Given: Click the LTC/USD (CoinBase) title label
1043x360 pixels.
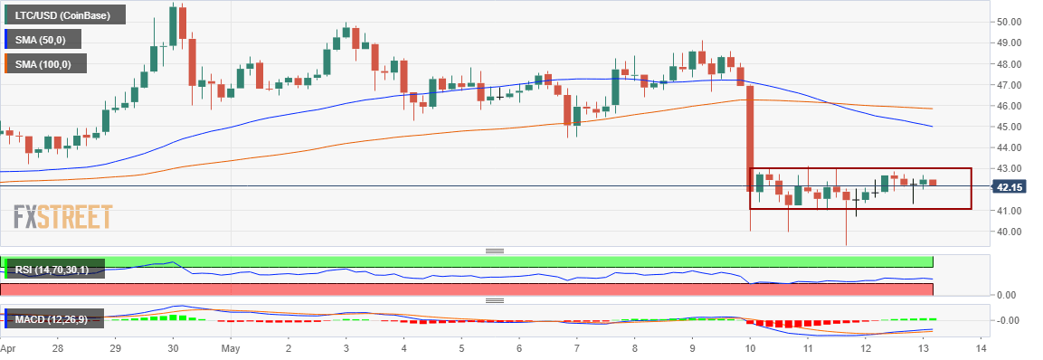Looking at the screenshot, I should tap(62, 15).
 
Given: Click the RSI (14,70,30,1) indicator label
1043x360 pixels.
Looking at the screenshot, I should tap(52, 270).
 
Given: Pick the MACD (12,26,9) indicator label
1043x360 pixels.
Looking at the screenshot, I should tap(54, 318).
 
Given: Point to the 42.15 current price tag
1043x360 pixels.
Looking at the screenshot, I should tap(1008, 187).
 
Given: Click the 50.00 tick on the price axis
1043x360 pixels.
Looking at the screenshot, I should tap(1010, 22).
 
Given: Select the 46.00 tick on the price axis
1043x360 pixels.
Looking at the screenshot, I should tap(1010, 106).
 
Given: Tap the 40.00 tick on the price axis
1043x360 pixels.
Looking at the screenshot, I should tap(1010, 232).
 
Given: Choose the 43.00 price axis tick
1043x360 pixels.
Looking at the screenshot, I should tap(1010, 169).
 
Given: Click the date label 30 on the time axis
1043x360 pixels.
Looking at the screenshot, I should tap(173, 348).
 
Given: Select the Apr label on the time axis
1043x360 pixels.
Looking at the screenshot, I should tap(8, 348).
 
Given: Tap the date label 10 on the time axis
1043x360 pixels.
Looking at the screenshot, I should tap(750, 348).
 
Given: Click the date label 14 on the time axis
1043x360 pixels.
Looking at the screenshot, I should tap(981, 348).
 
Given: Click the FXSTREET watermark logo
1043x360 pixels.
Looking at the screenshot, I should tap(63, 218).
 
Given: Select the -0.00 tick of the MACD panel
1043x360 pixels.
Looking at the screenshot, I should tap(1010, 320).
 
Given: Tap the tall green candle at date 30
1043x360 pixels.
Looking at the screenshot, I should tap(173, 25).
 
